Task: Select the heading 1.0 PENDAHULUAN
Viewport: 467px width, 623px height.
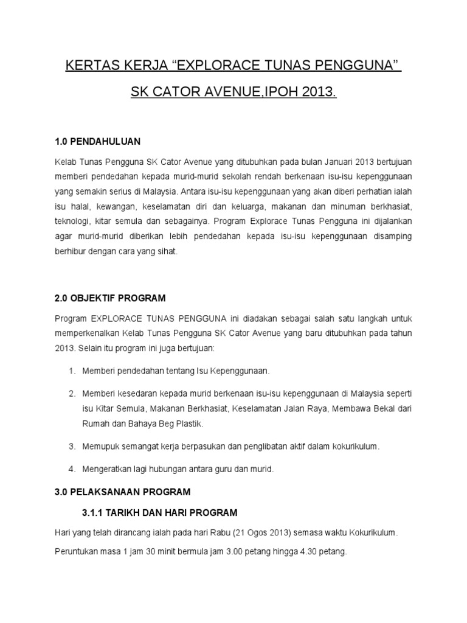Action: [97, 142]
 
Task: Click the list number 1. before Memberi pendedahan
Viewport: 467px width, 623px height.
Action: [72, 371]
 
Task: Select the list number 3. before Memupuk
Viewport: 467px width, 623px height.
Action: [72, 446]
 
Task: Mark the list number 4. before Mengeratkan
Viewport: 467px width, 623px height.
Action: [72, 468]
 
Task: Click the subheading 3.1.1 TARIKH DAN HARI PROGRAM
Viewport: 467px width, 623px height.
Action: [159, 512]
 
